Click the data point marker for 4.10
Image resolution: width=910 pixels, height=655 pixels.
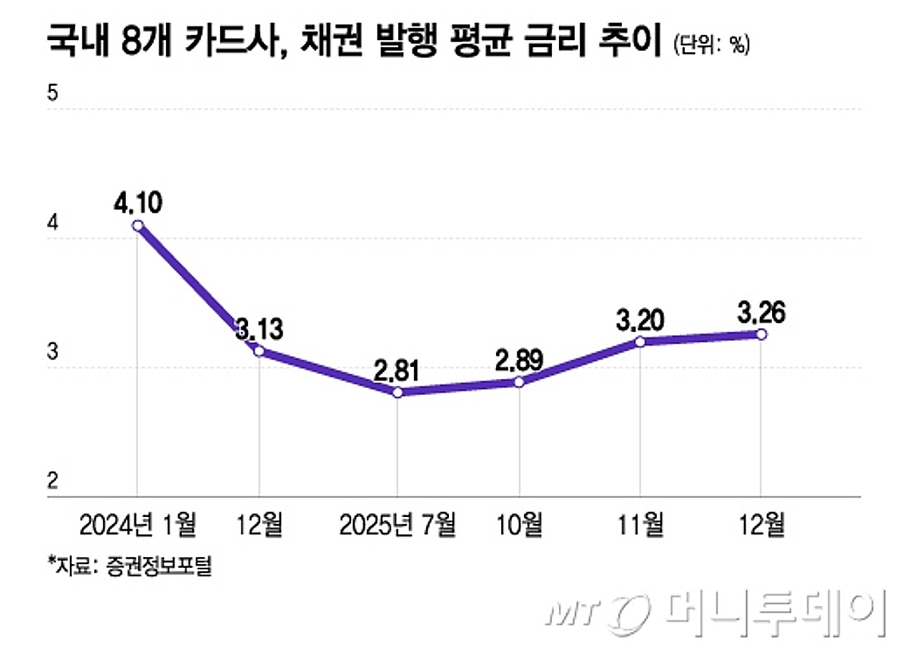pyautogui.click(x=137, y=225)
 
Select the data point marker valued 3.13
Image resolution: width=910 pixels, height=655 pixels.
pyautogui.click(x=259, y=351)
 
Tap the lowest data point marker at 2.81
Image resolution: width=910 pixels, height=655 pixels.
pyautogui.click(x=397, y=393)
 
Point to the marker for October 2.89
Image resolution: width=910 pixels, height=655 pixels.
pyautogui.click(x=519, y=382)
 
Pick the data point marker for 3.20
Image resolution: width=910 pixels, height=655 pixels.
pyautogui.click(x=640, y=342)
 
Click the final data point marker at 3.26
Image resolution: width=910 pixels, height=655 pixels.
pyautogui.click(x=761, y=334)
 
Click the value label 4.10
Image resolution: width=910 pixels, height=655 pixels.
pyautogui.click(x=137, y=203)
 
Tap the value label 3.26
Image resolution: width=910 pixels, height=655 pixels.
pyautogui.click(x=761, y=312)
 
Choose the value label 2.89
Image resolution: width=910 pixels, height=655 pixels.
pyautogui.click(x=519, y=359)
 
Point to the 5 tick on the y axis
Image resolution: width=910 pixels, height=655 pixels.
pyautogui.click(x=52, y=94)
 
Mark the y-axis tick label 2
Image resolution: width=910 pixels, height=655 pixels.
pyautogui.click(x=52, y=481)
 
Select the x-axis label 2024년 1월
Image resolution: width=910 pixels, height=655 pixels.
pyautogui.click(x=137, y=524)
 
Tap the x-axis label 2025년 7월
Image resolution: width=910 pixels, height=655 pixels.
pyautogui.click(x=397, y=524)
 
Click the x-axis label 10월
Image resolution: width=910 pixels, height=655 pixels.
pyautogui.click(x=519, y=524)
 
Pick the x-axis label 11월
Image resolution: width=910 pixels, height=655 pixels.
pyautogui.click(x=640, y=524)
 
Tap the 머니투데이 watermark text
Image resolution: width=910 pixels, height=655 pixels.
pyautogui.click(x=773, y=609)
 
